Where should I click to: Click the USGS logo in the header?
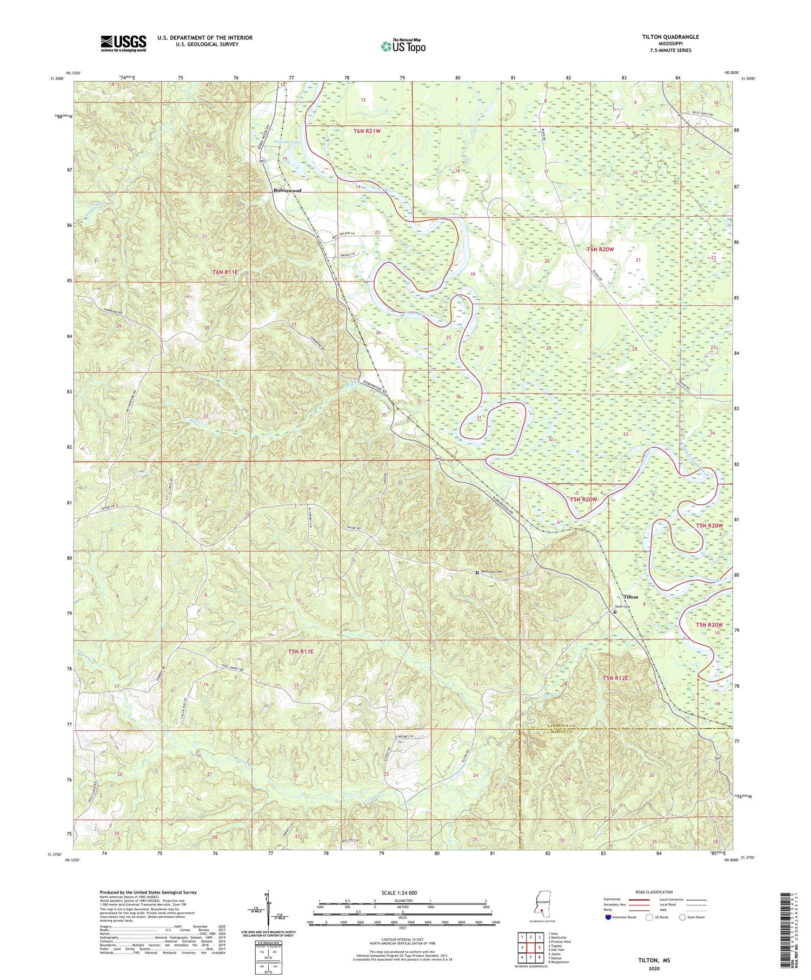click(x=123, y=43)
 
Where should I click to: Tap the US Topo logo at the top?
click(x=403, y=46)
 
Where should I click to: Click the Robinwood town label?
click(x=287, y=191)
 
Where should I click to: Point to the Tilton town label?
click(x=630, y=597)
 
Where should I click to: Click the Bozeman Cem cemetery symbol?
click(x=477, y=572)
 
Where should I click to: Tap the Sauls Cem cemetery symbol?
click(x=615, y=612)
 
